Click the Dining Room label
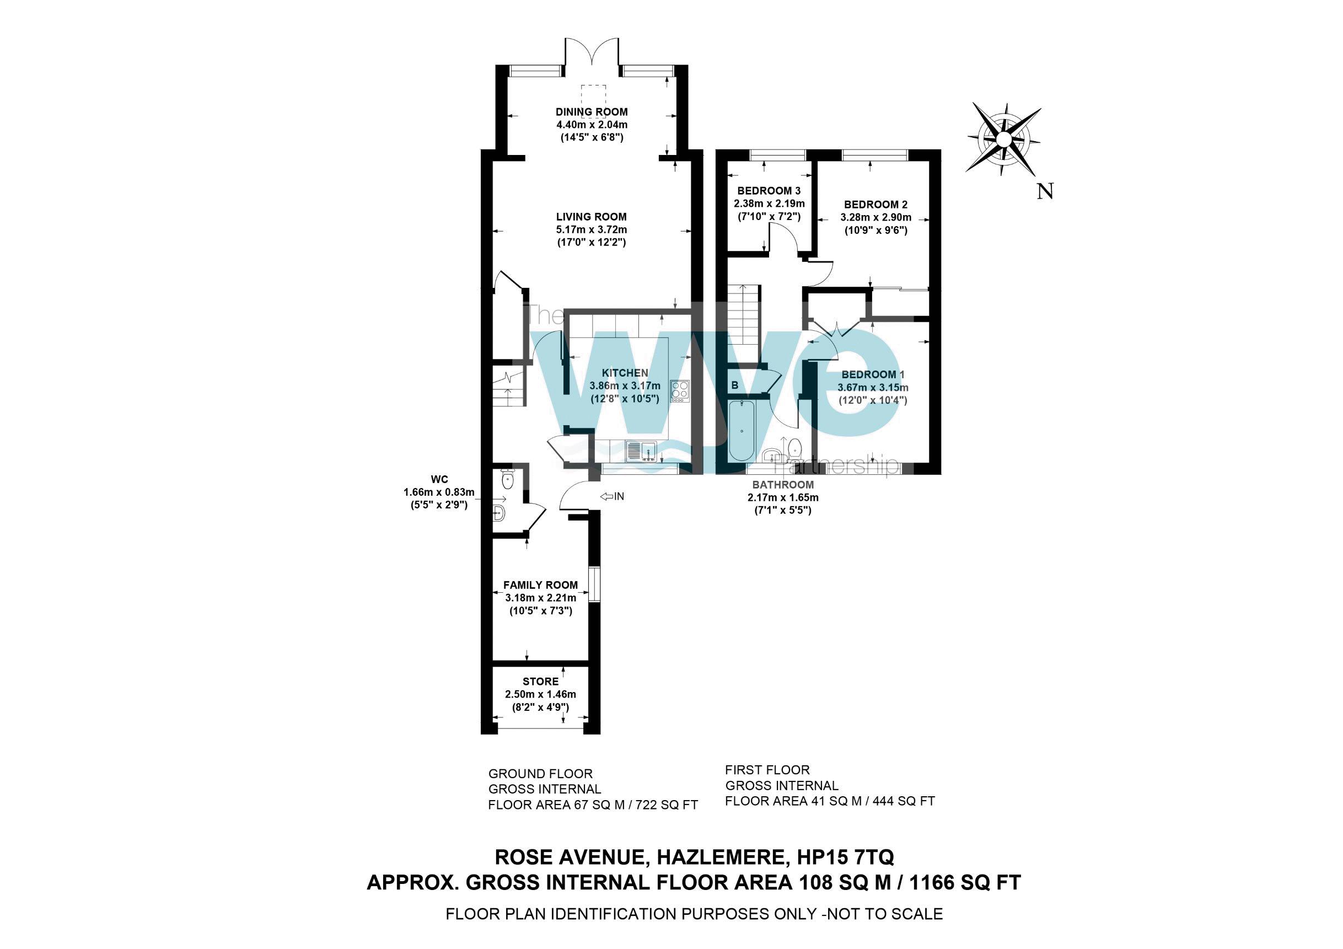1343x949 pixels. [x=592, y=112]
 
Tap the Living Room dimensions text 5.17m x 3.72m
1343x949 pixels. [x=592, y=229]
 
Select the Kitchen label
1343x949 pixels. [x=625, y=373]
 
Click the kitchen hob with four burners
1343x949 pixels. [x=680, y=390]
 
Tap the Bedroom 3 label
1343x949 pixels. [x=769, y=191]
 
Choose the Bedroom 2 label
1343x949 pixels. [x=875, y=204]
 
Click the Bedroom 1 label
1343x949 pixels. [x=873, y=374]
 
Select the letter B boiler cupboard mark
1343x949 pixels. [x=735, y=385]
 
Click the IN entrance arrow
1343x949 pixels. [x=613, y=496]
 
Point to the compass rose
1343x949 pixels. [x=1003, y=140]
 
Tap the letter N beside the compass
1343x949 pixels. [x=1045, y=191]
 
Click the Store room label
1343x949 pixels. [x=540, y=681]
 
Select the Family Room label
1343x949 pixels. [x=540, y=585]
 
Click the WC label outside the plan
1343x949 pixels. [x=439, y=479]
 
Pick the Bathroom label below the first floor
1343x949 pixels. [x=783, y=485]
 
